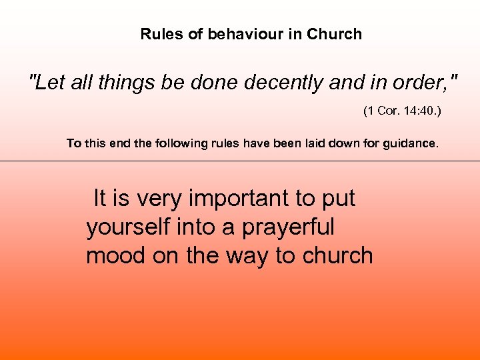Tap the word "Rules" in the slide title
162,34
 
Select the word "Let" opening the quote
45,83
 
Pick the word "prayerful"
288,227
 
